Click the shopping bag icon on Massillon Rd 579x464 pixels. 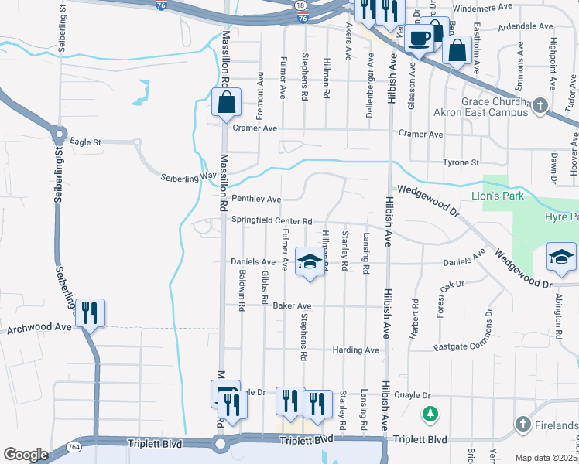click(226, 103)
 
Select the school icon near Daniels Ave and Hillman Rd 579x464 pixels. click(309, 261)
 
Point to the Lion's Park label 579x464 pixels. click(503, 196)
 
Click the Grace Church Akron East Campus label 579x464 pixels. click(495, 107)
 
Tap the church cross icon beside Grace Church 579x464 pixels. click(540, 106)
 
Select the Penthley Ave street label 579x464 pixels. click(256, 200)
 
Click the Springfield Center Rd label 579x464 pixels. click(272, 220)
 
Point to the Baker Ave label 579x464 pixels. click(292, 306)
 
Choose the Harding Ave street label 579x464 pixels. click(356, 350)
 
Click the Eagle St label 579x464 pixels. click(86, 142)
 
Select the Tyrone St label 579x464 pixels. click(461, 162)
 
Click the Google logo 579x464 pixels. click(26, 454)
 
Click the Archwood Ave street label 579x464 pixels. click(39, 329)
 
